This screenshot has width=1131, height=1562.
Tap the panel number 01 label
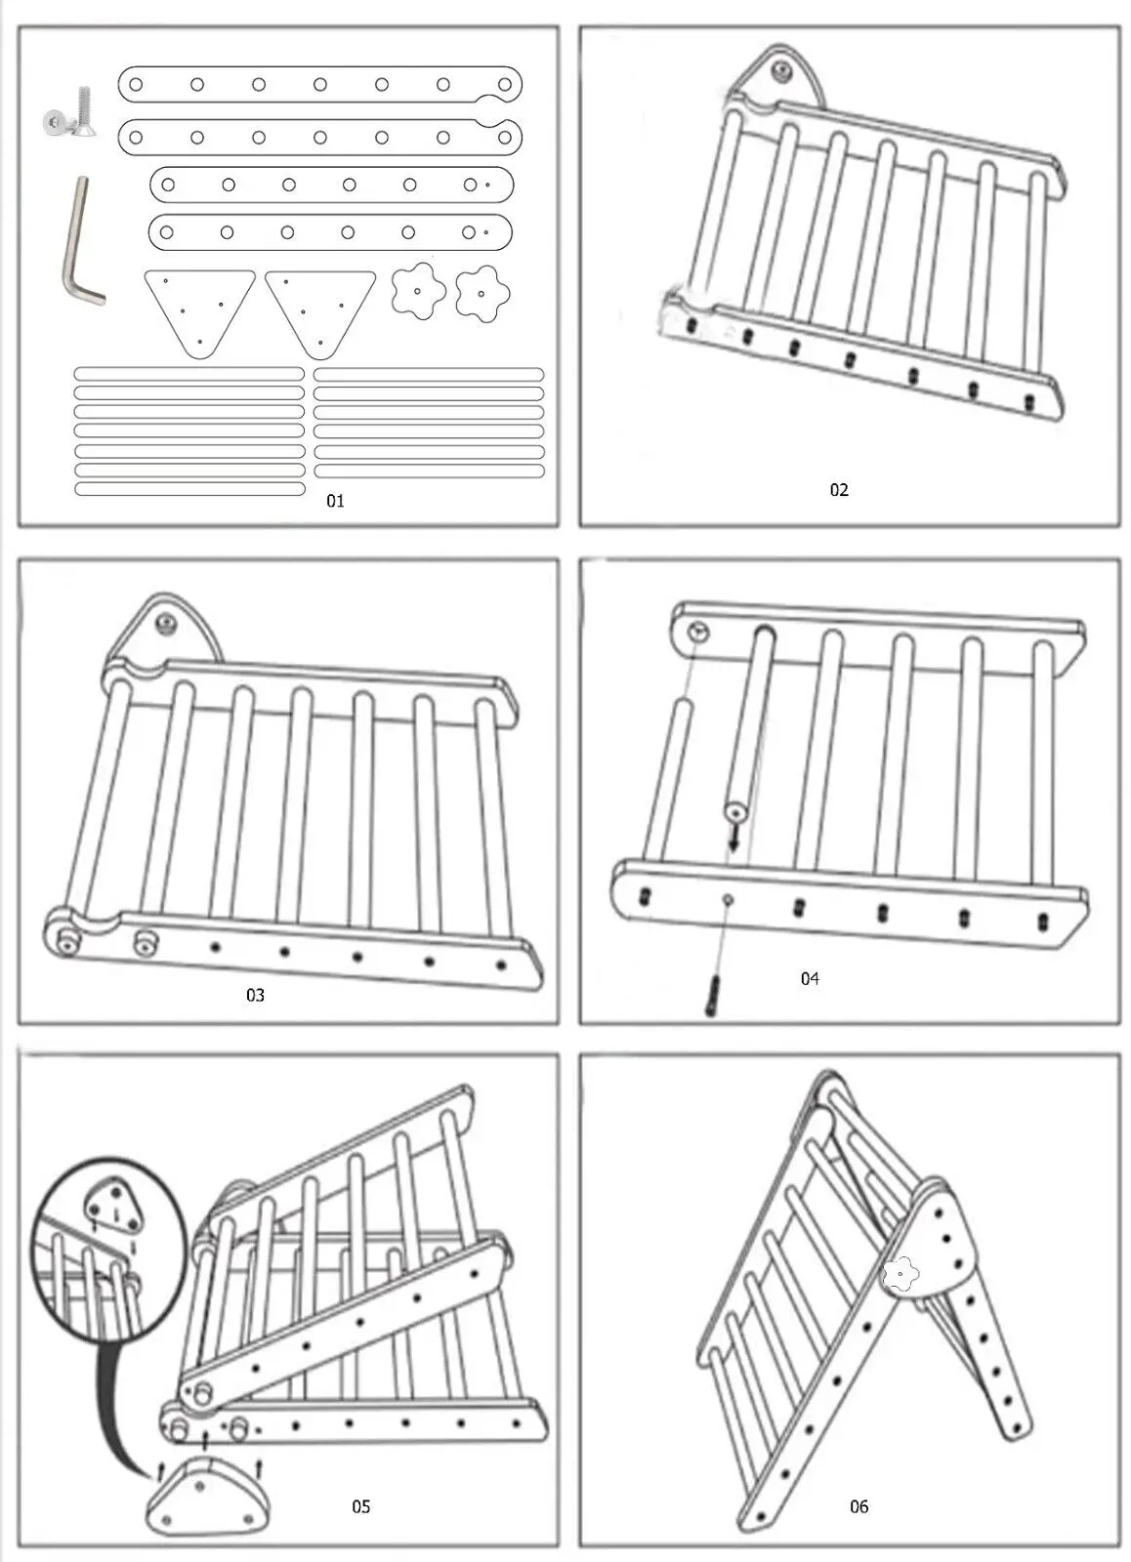[335, 501]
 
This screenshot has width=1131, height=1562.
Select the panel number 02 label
[839, 490]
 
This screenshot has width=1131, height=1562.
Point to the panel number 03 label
[255, 995]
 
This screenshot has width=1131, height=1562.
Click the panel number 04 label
[810, 978]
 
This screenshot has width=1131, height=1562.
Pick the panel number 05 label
[361, 1506]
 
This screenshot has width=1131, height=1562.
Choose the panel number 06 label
[859, 1506]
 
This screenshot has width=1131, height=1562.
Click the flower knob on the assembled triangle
[900, 1274]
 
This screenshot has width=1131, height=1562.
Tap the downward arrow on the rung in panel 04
[733, 836]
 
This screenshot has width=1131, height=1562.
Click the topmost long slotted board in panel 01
[319, 84]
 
